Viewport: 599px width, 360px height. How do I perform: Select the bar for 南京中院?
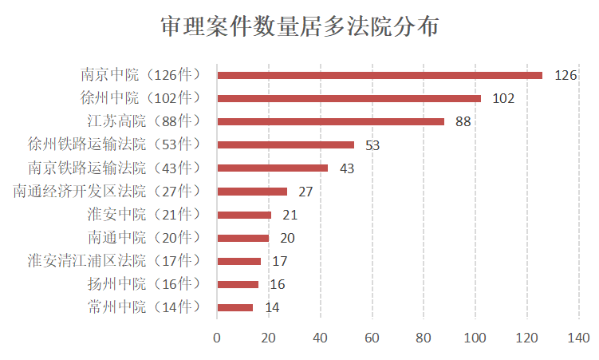(x=380, y=75)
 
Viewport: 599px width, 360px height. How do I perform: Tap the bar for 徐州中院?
(x=349, y=98)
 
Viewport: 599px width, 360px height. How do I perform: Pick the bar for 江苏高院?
(x=330, y=121)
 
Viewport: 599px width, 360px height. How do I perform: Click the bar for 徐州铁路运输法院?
(x=286, y=144)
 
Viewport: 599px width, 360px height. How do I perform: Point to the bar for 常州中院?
(x=235, y=307)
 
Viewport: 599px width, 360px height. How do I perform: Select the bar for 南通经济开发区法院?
(x=252, y=192)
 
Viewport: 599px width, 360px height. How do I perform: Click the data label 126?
(x=565, y=76)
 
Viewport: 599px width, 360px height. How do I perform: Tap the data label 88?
(x=463, y=122)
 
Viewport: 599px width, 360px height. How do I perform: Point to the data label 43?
(x=347, y=168)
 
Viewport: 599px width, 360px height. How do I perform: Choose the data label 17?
(x=280, y=261)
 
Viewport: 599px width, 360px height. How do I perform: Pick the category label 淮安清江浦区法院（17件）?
(x=113, y=260)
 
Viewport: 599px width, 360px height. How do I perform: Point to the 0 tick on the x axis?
(x=217, y=338)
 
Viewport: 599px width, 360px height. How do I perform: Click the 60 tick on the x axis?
(x=372, y=338)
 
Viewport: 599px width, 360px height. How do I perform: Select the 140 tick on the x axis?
(x=578, y=338)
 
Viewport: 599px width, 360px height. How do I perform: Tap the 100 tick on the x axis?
(x=475, y=338)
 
